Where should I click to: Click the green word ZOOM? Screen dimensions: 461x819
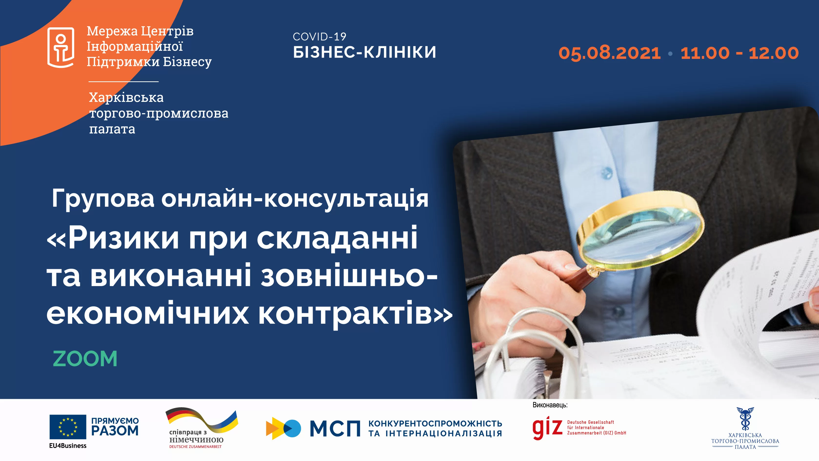pyautogui.click(x=85, y=359)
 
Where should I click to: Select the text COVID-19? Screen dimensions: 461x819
pyautogui.click(x=319, y=37)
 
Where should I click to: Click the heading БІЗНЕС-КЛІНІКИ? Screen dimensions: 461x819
pyautogui.click(x=364, y=53)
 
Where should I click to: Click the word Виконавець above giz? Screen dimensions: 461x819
pyautogui.click(x=550, y=405)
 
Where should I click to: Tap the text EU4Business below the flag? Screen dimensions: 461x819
pyautogui.click(x=68, y=446)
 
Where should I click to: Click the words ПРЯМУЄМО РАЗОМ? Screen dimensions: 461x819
pyautogui.click(x=115, y=427)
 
